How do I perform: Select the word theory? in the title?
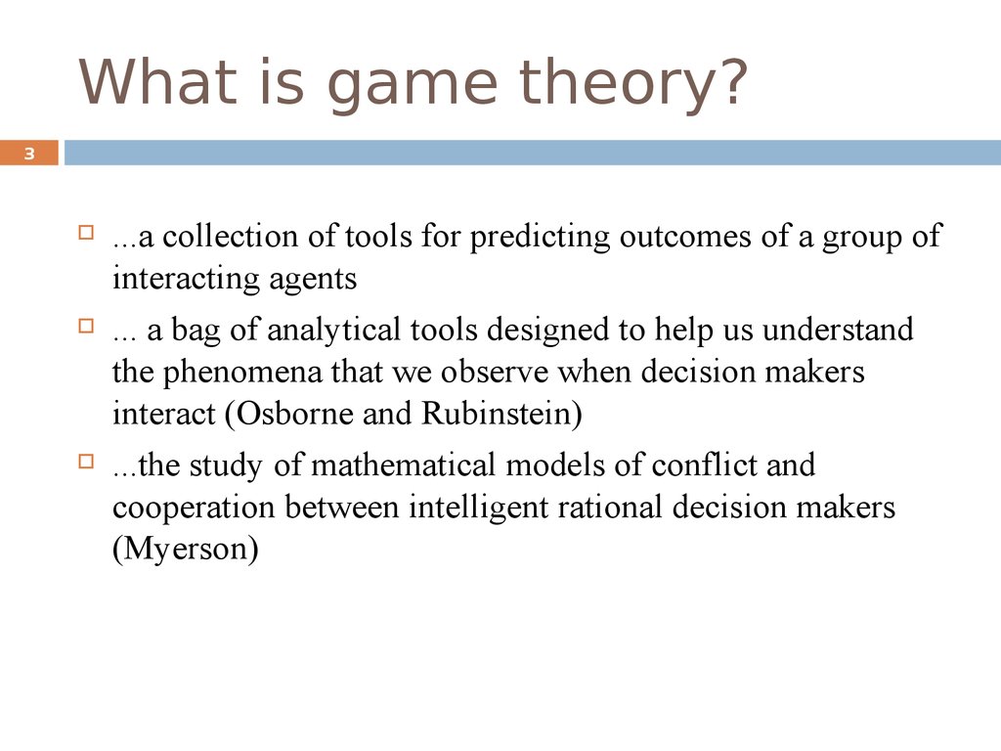coord(632,85)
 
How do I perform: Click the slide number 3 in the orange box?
coord(29,154)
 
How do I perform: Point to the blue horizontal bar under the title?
coord(533,153)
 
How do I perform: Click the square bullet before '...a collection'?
coord(86,232)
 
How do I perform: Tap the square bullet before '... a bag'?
coord(86,326)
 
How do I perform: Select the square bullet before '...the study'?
coord(86,462)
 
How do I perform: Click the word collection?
coord(230,237)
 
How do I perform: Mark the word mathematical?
coord(404,464)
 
